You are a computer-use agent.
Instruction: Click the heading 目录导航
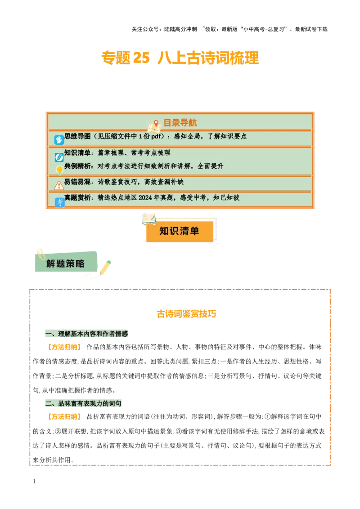tap(180, 123)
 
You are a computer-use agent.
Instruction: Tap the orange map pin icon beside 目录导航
tap(156, 123)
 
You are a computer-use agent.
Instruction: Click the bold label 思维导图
tap(77, 136)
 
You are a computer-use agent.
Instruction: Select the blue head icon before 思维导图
tap(59, 140)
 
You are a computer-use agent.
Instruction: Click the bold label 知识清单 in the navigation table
tap(77, 153)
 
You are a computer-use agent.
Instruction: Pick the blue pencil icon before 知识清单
tap(59, 157)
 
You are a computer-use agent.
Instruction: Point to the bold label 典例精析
tap(77, 166)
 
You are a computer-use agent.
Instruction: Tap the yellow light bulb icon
tap(59, 170)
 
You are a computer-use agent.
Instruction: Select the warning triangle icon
tap(59, 185)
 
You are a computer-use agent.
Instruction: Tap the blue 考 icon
tap(59, 202)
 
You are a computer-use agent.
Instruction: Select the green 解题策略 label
tap(66, 263)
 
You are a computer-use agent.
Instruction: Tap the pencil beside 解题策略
tap(105, 267)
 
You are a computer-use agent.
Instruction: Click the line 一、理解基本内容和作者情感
tap(87, 334)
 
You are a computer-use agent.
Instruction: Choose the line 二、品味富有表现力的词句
tap(83, 403)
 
